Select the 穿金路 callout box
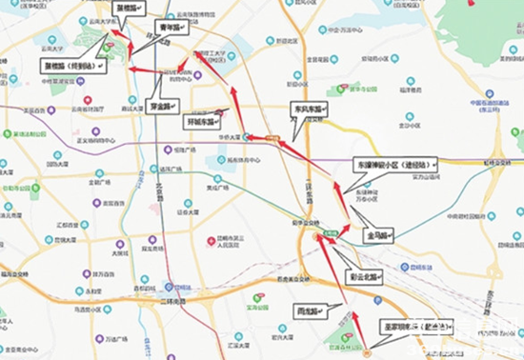click(161, 107)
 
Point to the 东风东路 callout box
click(310, 110)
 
